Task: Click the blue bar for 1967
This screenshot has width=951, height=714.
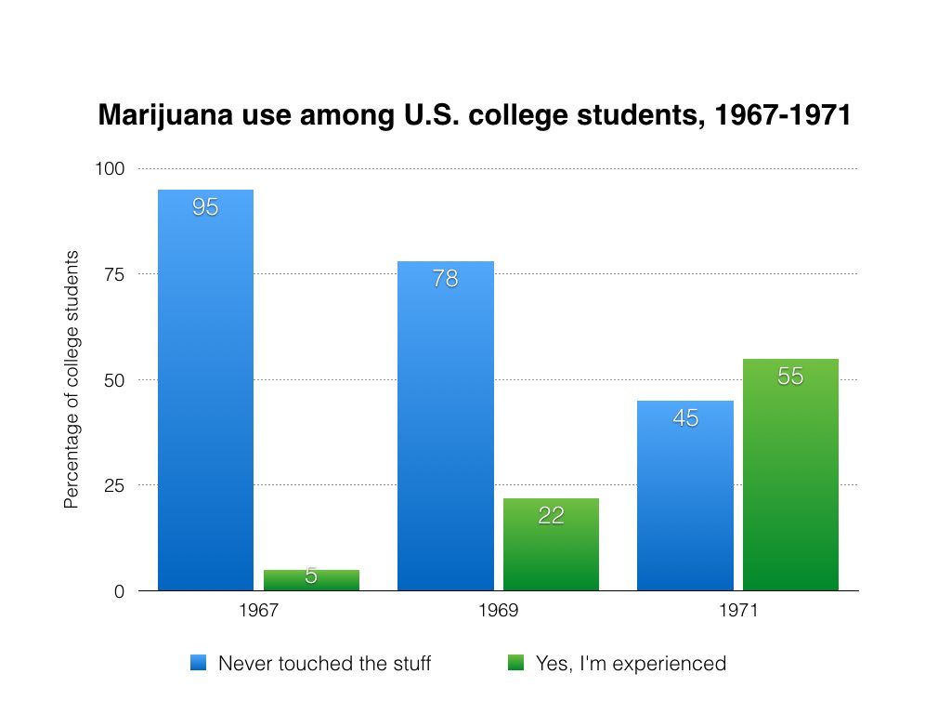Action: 205,390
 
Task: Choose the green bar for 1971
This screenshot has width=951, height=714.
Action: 790,474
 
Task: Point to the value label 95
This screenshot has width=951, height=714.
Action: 205,207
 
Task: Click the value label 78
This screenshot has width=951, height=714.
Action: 445,278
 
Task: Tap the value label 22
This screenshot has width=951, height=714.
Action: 551,515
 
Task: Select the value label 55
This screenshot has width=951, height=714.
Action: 790,377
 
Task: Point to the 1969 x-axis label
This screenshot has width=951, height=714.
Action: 499,612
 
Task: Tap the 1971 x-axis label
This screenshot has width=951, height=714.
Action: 738,612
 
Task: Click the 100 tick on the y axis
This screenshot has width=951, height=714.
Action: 111,168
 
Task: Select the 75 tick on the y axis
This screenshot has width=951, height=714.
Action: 114,274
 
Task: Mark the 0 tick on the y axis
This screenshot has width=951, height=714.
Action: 119,591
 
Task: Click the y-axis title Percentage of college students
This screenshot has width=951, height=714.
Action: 72,379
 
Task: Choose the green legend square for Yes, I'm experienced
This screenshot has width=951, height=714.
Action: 516,663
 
